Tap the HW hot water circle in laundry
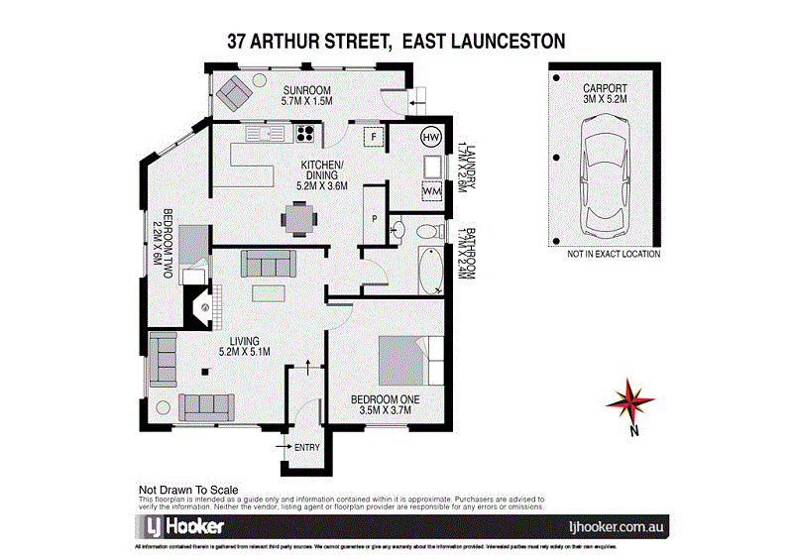click(x=433, y=139)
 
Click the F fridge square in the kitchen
click(x=376, y=137)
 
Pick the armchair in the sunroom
click(x=236, y=93)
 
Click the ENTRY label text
click(x=307, y=448)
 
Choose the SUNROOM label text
click(x=308, y=88)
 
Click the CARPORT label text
click(x=605, y=88)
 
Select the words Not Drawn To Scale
click(x=187, y=490)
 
